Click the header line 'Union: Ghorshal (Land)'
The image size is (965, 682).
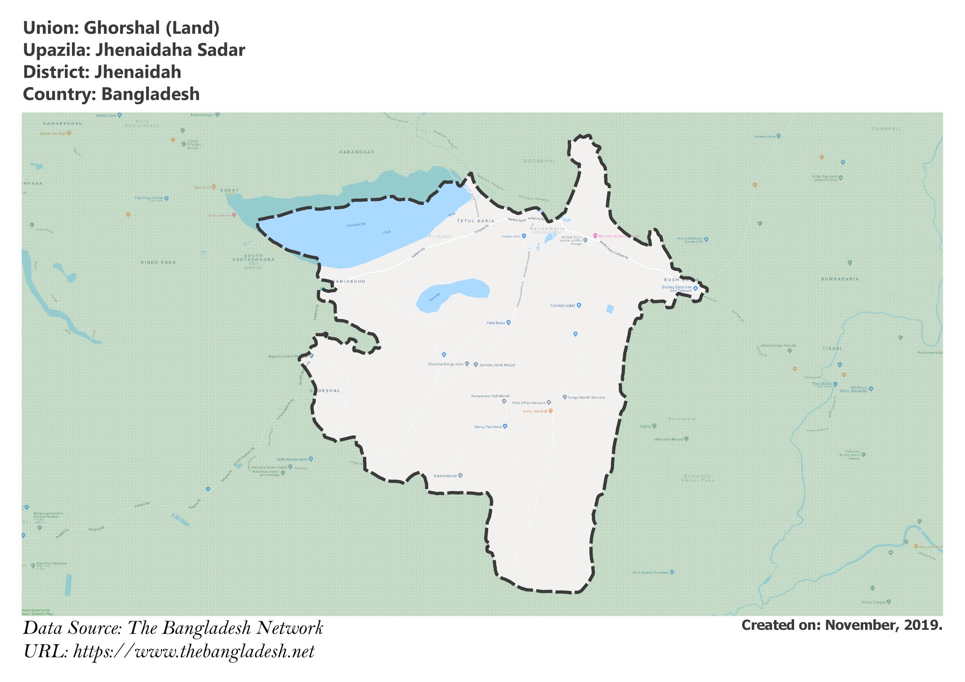(x=121, y=28)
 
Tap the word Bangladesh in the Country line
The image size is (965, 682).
(x=150, y=94)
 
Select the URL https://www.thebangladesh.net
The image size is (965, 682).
(x=194, y=652)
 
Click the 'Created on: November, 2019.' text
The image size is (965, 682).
(x=842, y=625)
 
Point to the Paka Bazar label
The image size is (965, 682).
(x=496, y=323)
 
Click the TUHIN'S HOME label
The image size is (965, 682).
(x=563, y=306)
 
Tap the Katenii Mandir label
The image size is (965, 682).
(x=446, y=476)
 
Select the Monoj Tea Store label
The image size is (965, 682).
(x=488, y=427)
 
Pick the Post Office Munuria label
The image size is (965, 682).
(x=529, y=403)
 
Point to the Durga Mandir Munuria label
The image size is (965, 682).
(x=587, y=398)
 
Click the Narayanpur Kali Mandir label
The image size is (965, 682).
(x=491, y=396)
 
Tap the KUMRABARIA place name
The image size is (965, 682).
(x=840, y=279)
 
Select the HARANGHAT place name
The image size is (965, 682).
(x=356, y=152)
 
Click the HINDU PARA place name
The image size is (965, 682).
(x=158, y=262)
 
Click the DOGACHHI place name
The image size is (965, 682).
(x=539, y=161)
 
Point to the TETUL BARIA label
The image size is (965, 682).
(x=475, y=221)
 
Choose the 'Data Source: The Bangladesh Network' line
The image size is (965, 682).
(x=173, y=628)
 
